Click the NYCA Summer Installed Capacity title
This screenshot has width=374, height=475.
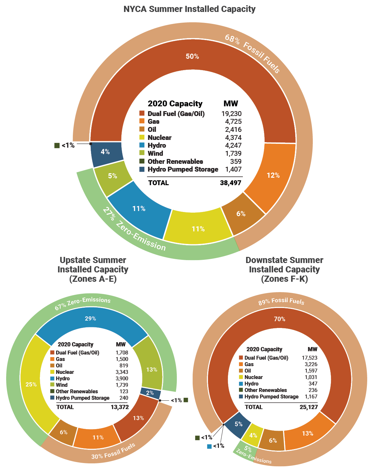coord(189,9)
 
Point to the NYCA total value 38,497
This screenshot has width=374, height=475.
coord(231,183)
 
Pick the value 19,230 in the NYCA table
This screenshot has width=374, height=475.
coord(232,114)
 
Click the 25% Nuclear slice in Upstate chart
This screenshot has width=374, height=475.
coord(31,385)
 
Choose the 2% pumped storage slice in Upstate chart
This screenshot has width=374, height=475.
coord(150,393)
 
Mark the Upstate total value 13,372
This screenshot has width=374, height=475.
coord(120,407)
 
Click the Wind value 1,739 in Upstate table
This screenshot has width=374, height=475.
coord(122,385)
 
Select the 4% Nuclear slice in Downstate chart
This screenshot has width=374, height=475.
coord(253,436)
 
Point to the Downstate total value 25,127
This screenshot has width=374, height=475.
coord(309,407)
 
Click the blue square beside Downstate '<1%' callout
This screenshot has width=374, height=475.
coord(210,447)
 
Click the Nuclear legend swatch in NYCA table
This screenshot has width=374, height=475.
coord(142,137)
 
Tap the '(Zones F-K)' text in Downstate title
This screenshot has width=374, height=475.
coord(284,279)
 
